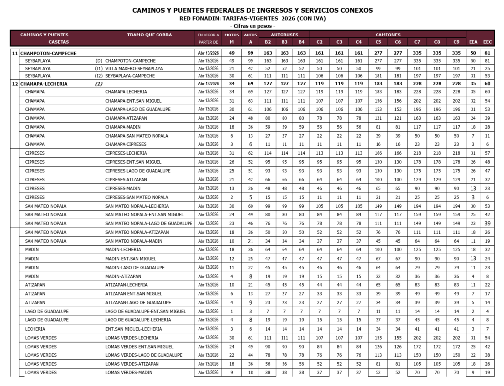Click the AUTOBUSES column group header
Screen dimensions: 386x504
pos(285,35)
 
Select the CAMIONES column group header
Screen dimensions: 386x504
pos(388,35)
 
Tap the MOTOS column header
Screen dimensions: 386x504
pos(231,35)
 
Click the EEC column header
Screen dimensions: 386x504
pos(487,42)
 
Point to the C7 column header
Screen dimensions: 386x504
pos(417,42)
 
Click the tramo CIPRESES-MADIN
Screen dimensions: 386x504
pos(124,188)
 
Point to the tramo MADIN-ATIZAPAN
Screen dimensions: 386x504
pos(123,276)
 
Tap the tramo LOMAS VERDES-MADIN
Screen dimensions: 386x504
pos(129,372)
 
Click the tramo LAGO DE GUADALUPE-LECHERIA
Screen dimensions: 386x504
pos(138,320)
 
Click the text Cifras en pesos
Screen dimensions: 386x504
pos(252,26)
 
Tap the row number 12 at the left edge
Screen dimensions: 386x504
pos(15,84)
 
